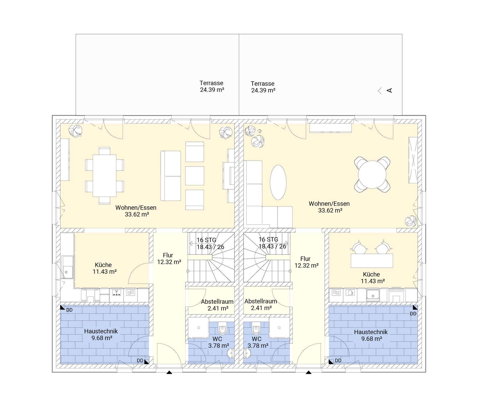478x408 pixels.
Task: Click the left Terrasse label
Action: pyautogui.click(x=211, y=83)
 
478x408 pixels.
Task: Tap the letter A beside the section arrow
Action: pyautogui.click(x=390, y=90)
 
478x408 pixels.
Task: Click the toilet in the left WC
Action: pyautogui.click(x=222, y=330)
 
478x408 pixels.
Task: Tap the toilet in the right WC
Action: pyautogui.click(x=256, y=330)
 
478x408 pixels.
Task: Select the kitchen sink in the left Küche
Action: pyautogui.click(x=67, y=267)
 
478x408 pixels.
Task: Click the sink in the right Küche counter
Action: pyautogui.click(x=373, y=295)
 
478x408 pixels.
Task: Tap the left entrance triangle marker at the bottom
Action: pyautogui.click(x=169, y=373)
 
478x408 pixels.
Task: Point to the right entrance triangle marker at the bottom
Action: pyautogui.click(x=308, y=373)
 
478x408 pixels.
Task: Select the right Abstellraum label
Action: pyautogui.click(x=261, y=301)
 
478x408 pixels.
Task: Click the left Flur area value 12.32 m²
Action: pyautogui.click(x=169, y=262)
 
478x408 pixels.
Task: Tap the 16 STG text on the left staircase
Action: pyautogui.click(x=206, y=240)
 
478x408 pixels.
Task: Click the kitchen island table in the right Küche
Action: pyautogui.click(x=372, y=261)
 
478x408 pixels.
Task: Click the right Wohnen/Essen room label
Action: pyautogui.click(x=329, y=204)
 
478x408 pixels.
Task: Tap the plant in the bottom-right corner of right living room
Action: pyautogui.click(x=411, y=221)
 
